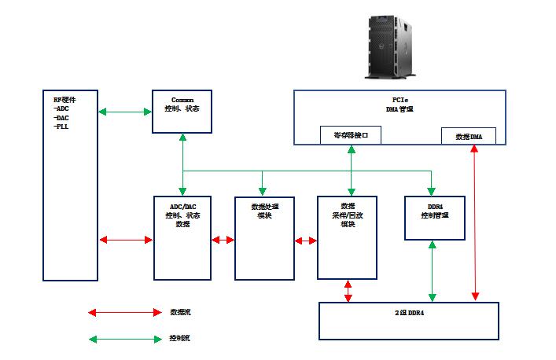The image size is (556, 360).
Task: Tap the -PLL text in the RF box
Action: (62, 126)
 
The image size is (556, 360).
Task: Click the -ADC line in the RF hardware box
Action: (62, 108)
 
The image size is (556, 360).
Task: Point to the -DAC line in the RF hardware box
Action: (62, 117)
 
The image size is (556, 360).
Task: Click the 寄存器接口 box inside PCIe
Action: (351, 135)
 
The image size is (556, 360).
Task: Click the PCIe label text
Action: (400, 101)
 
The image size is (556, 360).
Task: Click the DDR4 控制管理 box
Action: (434, 218)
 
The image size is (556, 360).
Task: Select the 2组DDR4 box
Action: (409, 320)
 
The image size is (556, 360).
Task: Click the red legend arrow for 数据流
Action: (125, 312)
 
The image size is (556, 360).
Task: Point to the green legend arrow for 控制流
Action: (125, 340)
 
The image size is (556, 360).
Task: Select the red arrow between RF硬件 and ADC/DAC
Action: (125, 240)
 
